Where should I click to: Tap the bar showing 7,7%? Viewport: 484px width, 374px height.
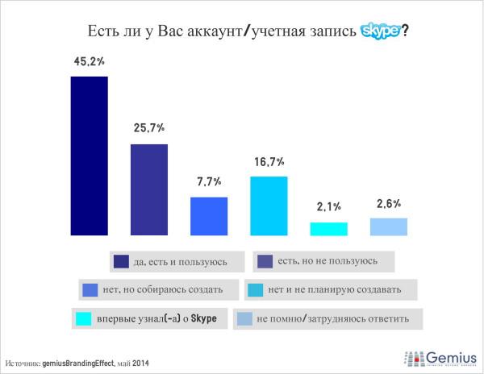tap(208, 215)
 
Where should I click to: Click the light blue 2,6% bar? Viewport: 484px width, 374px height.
tap(388, 226)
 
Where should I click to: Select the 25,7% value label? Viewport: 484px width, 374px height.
tap(149, 128)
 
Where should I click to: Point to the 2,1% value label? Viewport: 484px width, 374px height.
tap(328, 207)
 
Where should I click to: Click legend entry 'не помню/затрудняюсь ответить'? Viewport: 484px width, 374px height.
tap(326, 318)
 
